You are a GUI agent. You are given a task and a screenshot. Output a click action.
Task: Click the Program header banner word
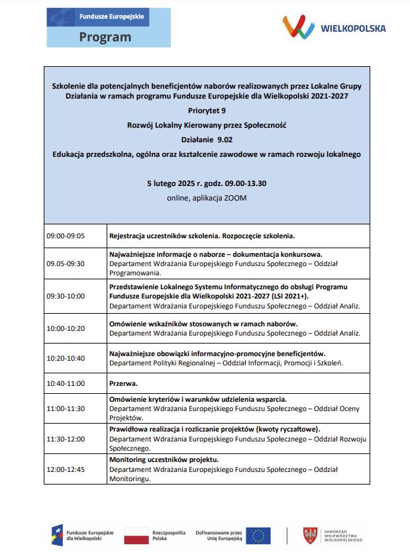click(x=105, y=37)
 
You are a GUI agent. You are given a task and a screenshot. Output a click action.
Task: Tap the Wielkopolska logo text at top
click(x=353, y=28)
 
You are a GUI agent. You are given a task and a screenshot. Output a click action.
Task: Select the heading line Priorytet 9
click(x=207, y=111)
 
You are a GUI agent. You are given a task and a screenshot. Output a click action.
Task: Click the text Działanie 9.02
click(x=207, y=140)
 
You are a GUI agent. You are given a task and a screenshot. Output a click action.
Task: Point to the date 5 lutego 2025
click(x=178, y=183)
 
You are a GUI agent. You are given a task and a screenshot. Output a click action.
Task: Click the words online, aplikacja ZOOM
click(x=207, y=198)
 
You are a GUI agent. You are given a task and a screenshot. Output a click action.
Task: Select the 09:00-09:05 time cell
click(x=66, y=236)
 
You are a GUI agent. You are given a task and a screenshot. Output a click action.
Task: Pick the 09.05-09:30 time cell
click(x=66, y=263)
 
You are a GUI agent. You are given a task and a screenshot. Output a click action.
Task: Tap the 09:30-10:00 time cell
click(x=66, y=296)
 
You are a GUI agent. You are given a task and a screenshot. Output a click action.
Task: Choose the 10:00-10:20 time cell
click(x=66, y=328)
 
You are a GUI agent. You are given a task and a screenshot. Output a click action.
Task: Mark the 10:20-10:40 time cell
click(x=66, y=358)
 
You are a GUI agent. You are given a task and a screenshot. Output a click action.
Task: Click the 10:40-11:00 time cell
click(x=66, y=383)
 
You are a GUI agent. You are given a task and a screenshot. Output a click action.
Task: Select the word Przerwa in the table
click(x=123, y=383)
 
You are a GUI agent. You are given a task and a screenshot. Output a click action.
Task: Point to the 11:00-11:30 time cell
click(x=66, y=408)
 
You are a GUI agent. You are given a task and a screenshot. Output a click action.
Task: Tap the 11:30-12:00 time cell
click(x=66, y=438)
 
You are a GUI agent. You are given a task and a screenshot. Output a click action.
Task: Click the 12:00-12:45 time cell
click(x=66, y=469)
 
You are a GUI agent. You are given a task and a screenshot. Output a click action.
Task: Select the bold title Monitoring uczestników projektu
click(x=164, y=459)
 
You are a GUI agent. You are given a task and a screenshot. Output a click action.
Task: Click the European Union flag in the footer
click(x=258, y=535)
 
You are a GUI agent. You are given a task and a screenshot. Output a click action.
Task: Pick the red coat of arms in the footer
click(x=309, y=535)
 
